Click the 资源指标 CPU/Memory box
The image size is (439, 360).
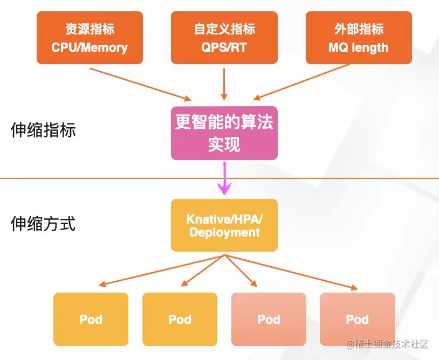(89, 38)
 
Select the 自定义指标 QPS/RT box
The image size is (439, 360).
(224, 38)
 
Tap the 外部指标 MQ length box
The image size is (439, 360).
(359, 38)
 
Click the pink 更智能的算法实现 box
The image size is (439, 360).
(224, 133)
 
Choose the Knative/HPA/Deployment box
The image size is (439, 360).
(224, 225)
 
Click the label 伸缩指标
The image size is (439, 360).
(43, 130)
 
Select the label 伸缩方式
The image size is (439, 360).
(43, 224)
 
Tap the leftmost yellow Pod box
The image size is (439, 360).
(91, 319)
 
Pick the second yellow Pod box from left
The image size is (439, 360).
(180, 319)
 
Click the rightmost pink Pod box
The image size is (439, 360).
(357, 319)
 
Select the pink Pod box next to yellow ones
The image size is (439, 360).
(269, 319)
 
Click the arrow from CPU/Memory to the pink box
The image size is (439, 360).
(140, 84)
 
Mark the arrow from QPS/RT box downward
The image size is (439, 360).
(224, 84)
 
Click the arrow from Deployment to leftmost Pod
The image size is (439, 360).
(162, 269)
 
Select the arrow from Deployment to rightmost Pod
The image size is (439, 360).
(291, 271)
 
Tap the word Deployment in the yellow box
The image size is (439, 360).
(224, 233)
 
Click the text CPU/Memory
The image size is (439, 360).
(90, 47)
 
